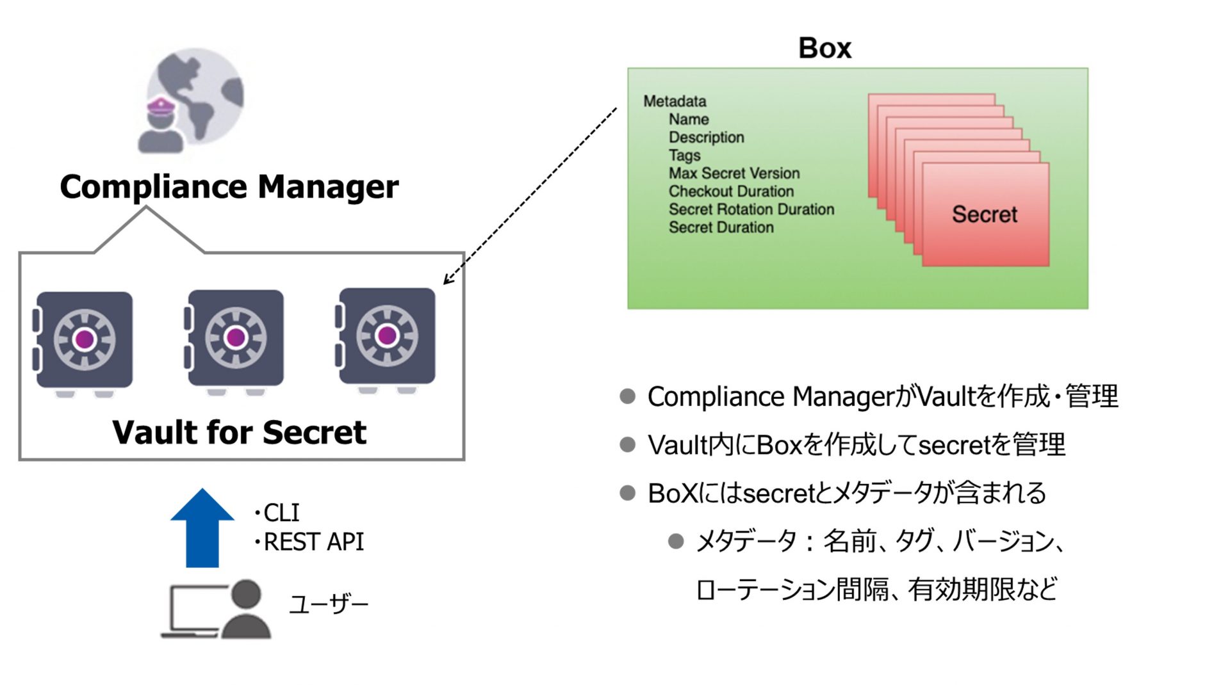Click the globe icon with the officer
pyautogui.click(x=192, y=101)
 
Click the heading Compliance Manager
pyautogui.click(x=229, y=187)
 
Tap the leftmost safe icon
pyautogui.click(x=84, y=341)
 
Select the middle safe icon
pyautogui.click(x=235, y=339)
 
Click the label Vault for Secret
pyautogui.click(x=239, y=432)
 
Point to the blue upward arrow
pyautogui.click(x=202, y=528)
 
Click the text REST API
pyautogui.click(x=313, y=542)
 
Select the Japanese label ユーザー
pyautogui.click(x=329, y=604)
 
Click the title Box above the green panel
pyautogui.click(x=824, y=48)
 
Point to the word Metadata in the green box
pyautogui.click(x=675, y=101)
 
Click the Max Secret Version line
pyautogui.click(x=734, y=173)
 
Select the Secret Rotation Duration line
pyautogui.click(x=751, y=209)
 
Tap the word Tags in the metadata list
pyautogui.click(x=684, y=156)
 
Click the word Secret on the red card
pyautogui.click(x=984, y=214)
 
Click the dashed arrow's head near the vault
pyautogui.click(x=447, y=280)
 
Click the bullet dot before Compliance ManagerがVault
pyautogui.click(x=627, y=397)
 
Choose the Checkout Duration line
pyautogui.click(x=731, y=191)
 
